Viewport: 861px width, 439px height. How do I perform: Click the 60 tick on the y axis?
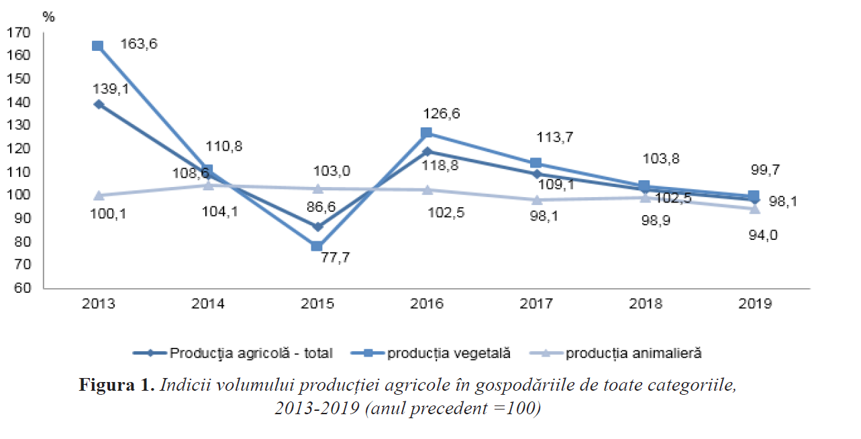tap(24, 288)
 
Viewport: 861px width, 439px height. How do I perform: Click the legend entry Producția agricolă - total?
tap(251, 353)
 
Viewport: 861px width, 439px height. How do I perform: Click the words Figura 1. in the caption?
tap(117, 385)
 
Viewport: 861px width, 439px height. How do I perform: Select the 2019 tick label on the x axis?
tap(755, 304)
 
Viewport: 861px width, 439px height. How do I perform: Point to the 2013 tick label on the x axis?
tap(98, 304)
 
